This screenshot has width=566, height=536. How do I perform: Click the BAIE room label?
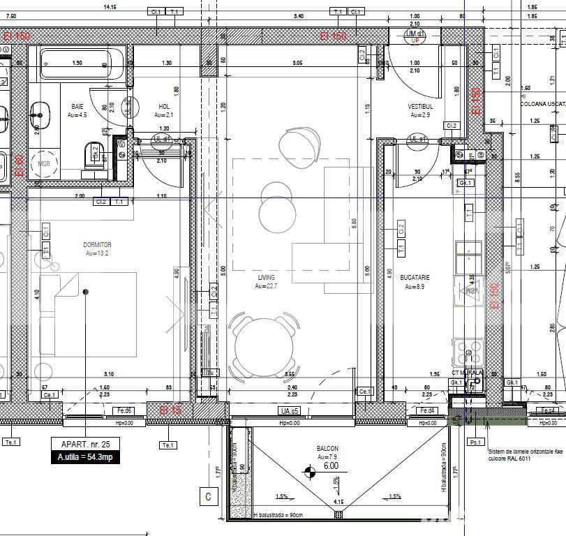pyautogui.click(x=77, y=107)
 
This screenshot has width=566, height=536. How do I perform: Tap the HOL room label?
pyautogui.click(x=164, y=107)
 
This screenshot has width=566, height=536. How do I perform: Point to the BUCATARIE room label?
pyautogui.click(x=415, y=278)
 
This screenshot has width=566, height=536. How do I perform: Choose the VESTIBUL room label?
pyautogui.click(x=420, y=107)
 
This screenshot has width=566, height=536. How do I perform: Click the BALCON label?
pyautogui.click(x=327, y=449)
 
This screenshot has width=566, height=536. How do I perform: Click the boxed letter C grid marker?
pyautogui.click(x=207, y=497)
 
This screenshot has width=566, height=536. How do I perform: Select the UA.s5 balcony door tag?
pyautogui.click(x=289, y=411)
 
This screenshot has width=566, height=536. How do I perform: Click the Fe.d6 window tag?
pyautogui.click(x=124, y=411)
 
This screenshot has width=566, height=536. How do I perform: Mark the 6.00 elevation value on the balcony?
pyautogui.click(x=330, y=466)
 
